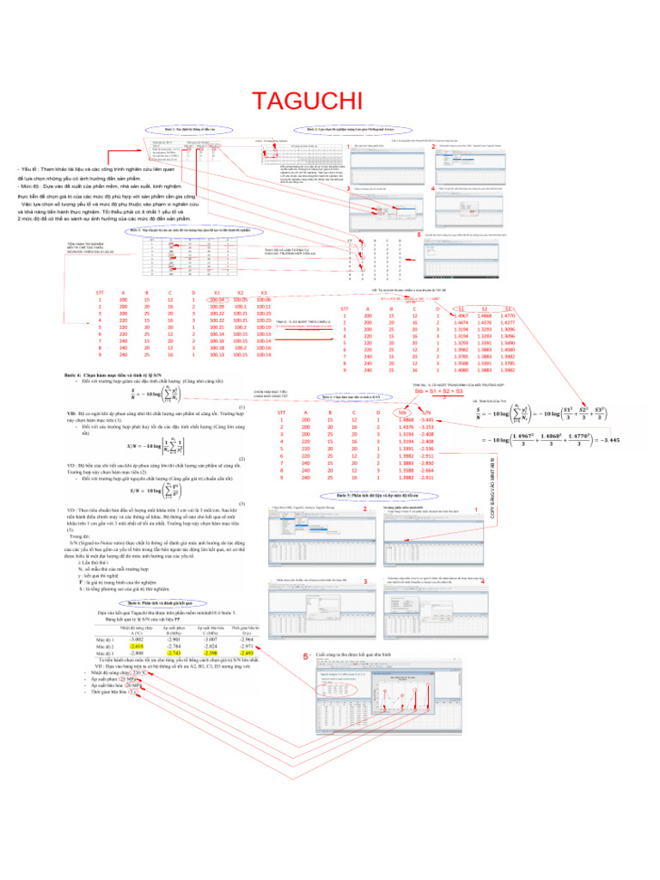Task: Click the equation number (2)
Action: pyautogui.click(x=243, y=459)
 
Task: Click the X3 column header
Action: pyautogui.click(x=264, y=292)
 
